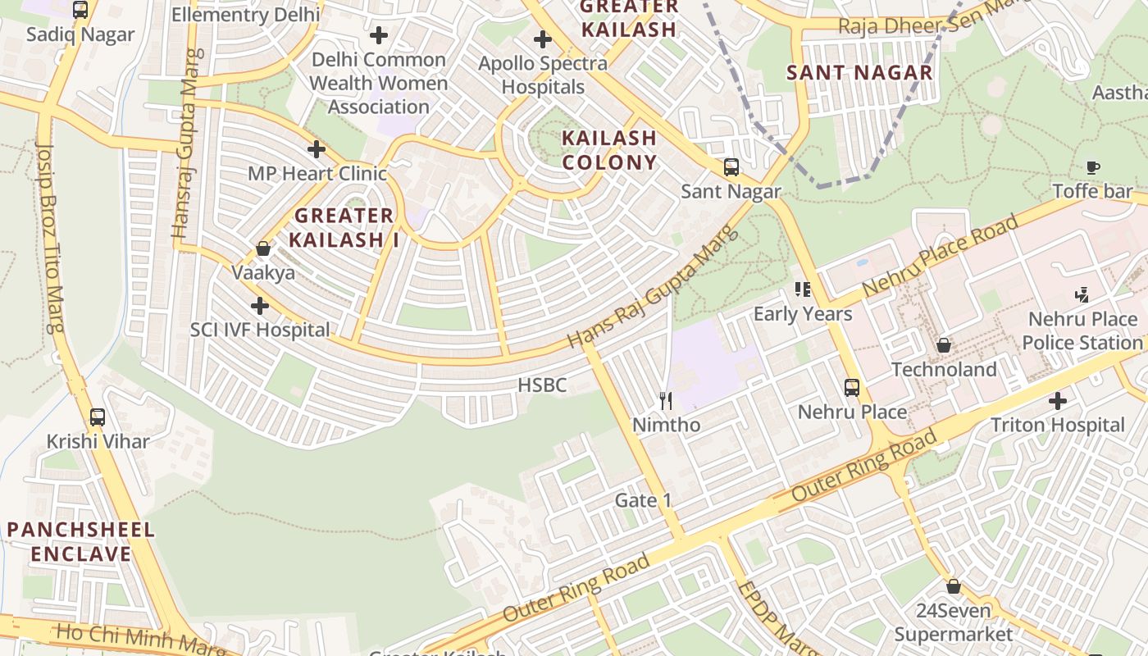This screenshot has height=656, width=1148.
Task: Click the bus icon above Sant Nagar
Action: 731,167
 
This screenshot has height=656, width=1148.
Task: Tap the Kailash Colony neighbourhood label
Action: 609,150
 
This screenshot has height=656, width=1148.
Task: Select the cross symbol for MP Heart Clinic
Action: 316,149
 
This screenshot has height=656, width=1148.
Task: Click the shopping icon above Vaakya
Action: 263,248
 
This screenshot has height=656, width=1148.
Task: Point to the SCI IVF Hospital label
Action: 260,330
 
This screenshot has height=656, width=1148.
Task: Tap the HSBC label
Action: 542,385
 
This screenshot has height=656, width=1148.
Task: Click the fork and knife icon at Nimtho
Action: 666,400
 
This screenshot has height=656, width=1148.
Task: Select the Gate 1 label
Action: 643,500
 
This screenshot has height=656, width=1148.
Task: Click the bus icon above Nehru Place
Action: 852,387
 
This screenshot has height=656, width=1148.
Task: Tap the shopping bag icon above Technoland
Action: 944,345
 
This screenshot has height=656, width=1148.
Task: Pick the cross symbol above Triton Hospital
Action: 1058,401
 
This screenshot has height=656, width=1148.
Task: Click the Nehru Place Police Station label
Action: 1082,330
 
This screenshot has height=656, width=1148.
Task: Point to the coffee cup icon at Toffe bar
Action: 1092,167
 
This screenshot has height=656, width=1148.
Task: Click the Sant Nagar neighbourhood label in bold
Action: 859,72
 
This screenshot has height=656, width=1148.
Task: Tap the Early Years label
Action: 803,313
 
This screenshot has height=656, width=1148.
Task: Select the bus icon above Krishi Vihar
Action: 98,417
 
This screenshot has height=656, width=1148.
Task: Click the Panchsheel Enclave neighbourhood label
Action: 81,541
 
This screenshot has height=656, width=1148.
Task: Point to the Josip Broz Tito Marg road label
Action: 51,238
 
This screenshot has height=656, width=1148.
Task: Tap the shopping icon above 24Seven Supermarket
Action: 953,586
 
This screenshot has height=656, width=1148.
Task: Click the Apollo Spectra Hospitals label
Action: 543,75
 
